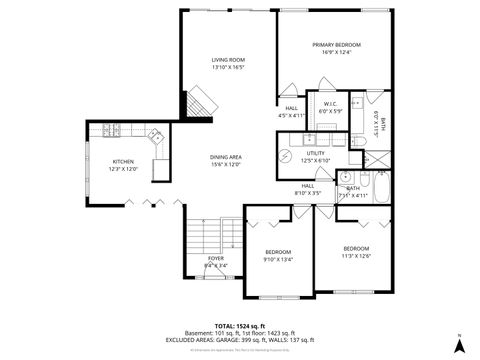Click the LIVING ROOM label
(x=228, y=60)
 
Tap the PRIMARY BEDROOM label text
(x=336, y=45)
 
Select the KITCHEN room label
(x=123, y=161)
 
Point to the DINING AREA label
(x=226, y=157)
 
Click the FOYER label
(x=216, y=258)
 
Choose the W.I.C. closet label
(x=330, y=103)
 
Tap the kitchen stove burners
(x=111, y=129)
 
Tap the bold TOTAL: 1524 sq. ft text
(x=241, y=325)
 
